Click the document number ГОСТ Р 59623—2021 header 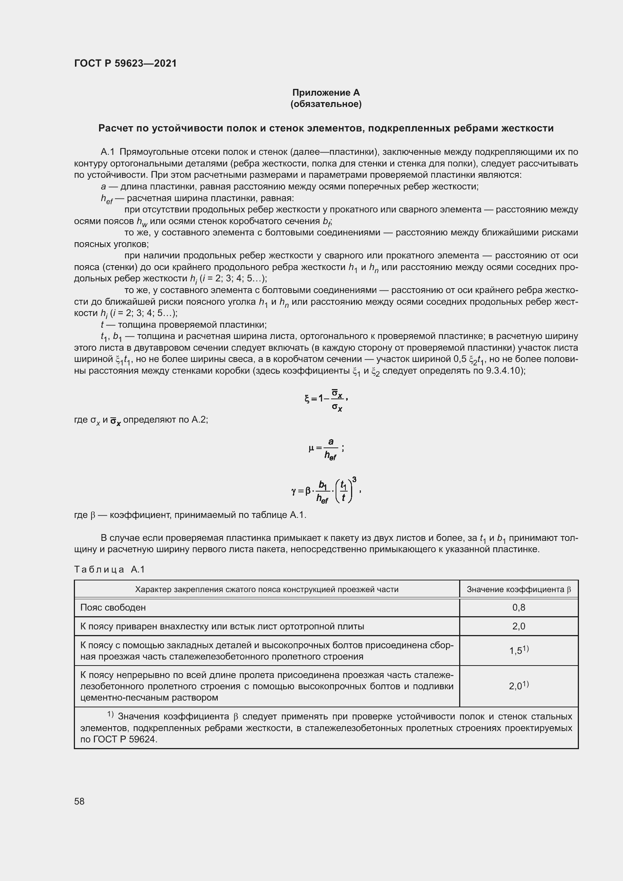pyautogui.click(x=125, y=63)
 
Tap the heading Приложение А pyautogui.click(x=326, y=93)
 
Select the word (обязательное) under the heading pyautogui.click(x=326, y=104)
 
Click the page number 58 pyautogui.click(x=79, y=801)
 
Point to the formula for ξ pyautogui.click(x=326, y=400)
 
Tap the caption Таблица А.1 pyautogui.click(x=109, y=570)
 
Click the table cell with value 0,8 pyautogui.click(x=519, y=608)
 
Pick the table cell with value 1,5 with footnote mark pyautogui.click(x=519, y=650)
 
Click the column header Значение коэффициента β pyautogui.click(x=519, y=589)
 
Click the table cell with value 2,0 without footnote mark pyautogui.click(x=519, y=626)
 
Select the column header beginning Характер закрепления pyautogui.click(x=267, y=589)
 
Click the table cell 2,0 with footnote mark pyautogui.click(x=519, y=686)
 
